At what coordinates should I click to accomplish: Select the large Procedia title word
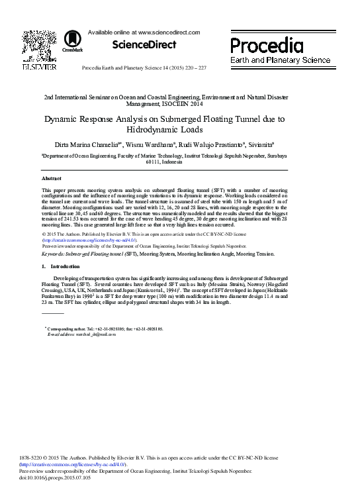pyautogui.click(x=267, y=45)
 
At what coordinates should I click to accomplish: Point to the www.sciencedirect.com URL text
pyautogui.click(x=163, y=32)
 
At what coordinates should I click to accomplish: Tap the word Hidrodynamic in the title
pyautogui.click(x=157, y=130)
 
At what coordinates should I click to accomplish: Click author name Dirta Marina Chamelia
pyautogui.click(x=88, y=144)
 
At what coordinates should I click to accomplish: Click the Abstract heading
pyautogui.click(x=52, y=179)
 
